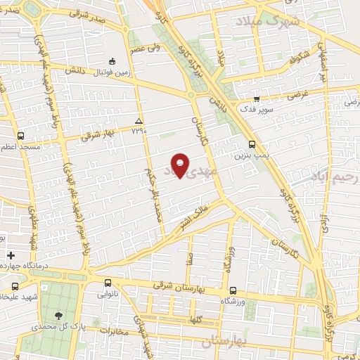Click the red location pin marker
click(x=181, y=165)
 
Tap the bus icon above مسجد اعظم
click(x=20, y=136)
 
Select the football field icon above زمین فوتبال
click(x=112, y=61)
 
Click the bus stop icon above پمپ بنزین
click(x=252, y=143)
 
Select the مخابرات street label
click(x=115, y=330)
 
